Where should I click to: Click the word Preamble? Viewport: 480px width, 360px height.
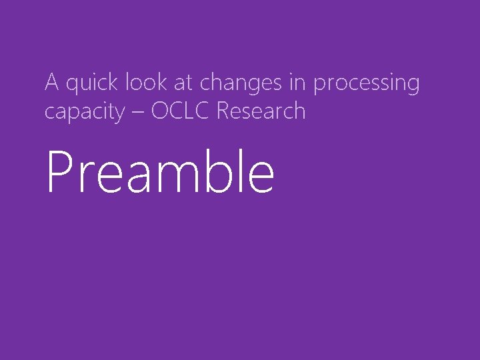[x=160, y=172]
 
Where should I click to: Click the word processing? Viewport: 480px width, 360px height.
[x=366, y=85]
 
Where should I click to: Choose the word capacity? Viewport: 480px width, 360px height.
[x=84, y=112]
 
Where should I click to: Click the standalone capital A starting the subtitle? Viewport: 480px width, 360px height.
[x=52, y=83]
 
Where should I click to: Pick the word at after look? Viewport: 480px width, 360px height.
[x=185, y=83]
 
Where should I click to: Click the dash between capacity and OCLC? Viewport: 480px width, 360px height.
[x=138, y=112]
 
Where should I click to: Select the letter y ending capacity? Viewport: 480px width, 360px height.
[x=118, y=114]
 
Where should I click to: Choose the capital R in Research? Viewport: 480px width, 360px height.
[x=223, y=111]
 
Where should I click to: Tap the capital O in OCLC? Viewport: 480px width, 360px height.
[x=161, y=111]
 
